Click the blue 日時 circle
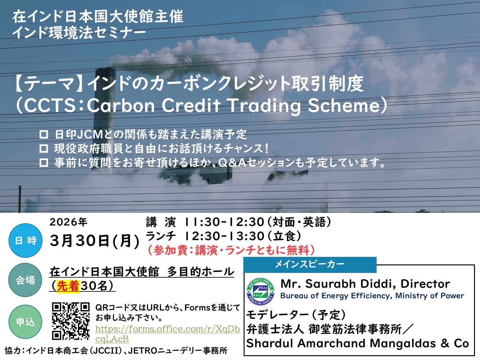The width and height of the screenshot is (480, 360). [25, 240]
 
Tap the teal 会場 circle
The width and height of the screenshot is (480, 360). [25, 280]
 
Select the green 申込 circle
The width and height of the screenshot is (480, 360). [25, 322]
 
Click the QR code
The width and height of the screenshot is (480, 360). [71, 321]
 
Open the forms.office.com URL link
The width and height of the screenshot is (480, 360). [168, 334]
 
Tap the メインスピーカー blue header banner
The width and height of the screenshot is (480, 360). [310, 264]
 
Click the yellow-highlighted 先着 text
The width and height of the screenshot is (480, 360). [68, 286]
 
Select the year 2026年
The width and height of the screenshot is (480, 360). [69, 222]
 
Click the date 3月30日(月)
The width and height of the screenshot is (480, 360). [95, 241]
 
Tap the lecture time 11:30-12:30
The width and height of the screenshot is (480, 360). [224, 222]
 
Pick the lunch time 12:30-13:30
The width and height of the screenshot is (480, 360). [224, 236]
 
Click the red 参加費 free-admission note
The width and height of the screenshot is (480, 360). [231, 250]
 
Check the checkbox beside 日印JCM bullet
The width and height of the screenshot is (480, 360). [43, 134]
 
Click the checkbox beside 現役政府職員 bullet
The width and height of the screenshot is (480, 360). [43, 148]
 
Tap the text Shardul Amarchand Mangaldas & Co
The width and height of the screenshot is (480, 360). [357, 343]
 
